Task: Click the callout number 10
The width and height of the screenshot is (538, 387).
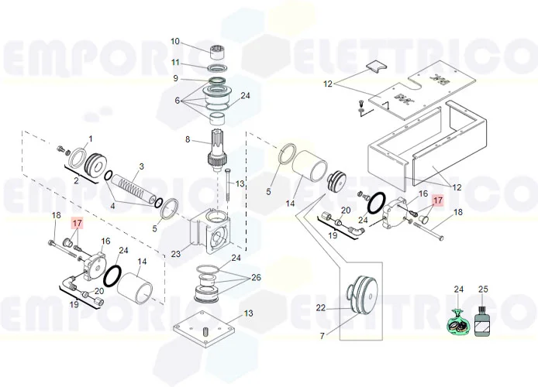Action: (174, 41)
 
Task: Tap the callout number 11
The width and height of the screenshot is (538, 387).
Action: (176, 62)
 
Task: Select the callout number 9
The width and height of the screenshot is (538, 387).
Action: (176, 78)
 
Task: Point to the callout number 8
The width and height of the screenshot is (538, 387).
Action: (187, 139)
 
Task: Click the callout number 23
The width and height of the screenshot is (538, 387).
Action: (176, 253)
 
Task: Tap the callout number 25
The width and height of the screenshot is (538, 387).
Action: (484, 289)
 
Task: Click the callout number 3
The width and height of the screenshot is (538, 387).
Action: (141, 166)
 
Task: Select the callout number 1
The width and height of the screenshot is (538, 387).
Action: (90, 139)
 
